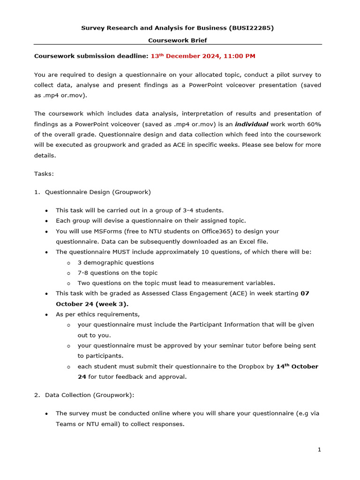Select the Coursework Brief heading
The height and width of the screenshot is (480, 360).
[178, 40]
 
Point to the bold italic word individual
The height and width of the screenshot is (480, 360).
[251, 124]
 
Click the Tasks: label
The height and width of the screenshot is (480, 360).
[44, 174]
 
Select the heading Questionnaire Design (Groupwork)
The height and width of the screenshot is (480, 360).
[98, 192]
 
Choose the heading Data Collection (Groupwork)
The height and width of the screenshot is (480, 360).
[89, 395]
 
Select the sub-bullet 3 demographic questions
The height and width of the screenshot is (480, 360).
[116, 262]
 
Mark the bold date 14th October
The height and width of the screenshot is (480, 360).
[297, 367]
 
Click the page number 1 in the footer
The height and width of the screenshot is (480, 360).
[319, 450]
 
